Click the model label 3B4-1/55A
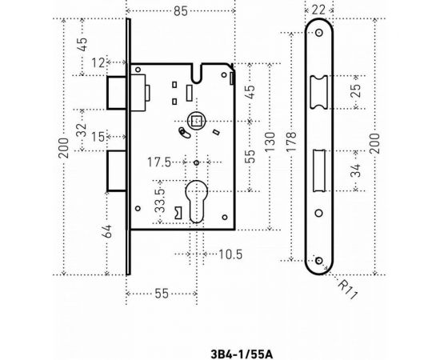point(242,354)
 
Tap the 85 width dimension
point(181,11)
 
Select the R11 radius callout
point(348,290)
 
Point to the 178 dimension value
point(291,142)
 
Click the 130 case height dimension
point(270,142)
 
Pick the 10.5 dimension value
point(230,254)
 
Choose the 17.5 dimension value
point(159,162)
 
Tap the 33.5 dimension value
point(161,200)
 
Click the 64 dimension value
point(108,231)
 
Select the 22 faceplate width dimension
point(319,10)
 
